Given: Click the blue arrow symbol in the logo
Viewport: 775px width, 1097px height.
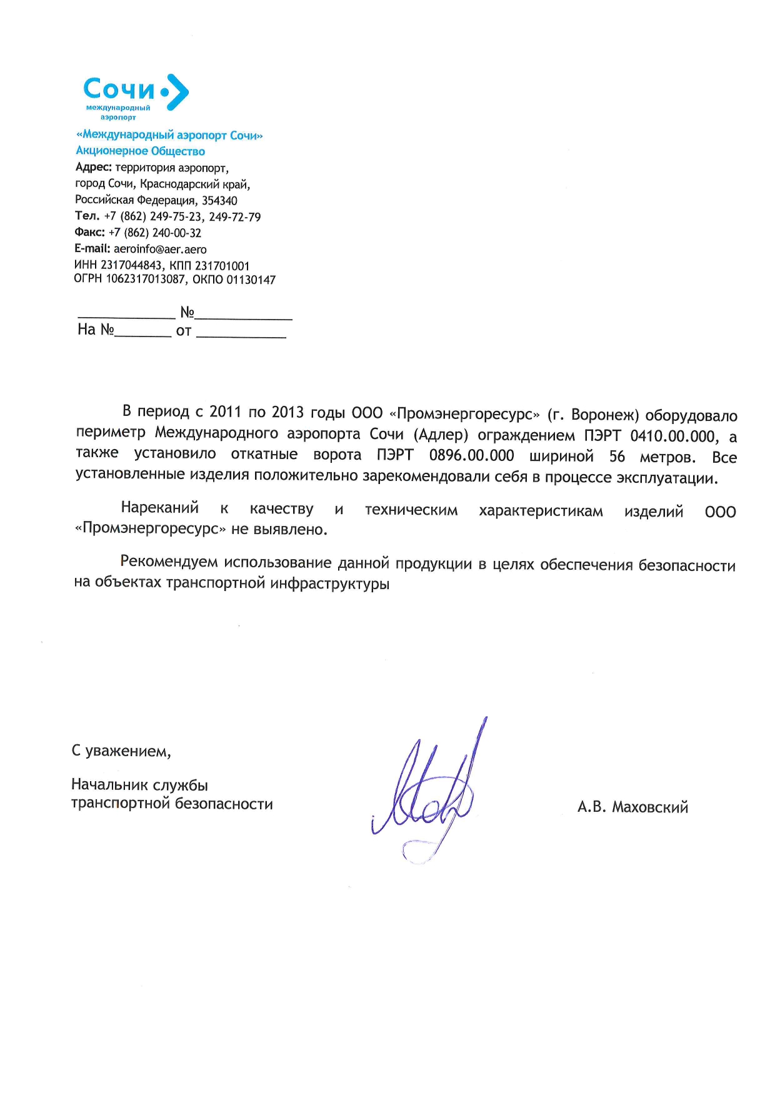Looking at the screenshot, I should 177,92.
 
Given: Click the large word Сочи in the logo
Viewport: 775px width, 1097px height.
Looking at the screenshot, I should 119,89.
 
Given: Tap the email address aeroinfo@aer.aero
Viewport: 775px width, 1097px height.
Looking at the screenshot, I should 160,249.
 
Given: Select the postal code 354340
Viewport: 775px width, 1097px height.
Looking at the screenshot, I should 219,201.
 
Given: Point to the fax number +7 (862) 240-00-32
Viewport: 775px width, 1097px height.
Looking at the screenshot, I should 155,233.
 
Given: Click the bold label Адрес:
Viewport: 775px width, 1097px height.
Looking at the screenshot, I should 94,168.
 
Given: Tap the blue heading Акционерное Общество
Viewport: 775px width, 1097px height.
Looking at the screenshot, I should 141,151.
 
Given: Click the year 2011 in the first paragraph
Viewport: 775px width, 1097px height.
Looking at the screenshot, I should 225,412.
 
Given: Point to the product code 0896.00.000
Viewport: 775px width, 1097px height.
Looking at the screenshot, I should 472,455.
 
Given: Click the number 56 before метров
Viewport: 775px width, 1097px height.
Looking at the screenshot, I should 617,457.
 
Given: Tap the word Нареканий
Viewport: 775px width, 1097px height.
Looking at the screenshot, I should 160,507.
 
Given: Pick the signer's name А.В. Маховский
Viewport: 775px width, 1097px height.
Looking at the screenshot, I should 632,807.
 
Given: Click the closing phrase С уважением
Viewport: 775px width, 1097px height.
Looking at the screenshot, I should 121,751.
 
